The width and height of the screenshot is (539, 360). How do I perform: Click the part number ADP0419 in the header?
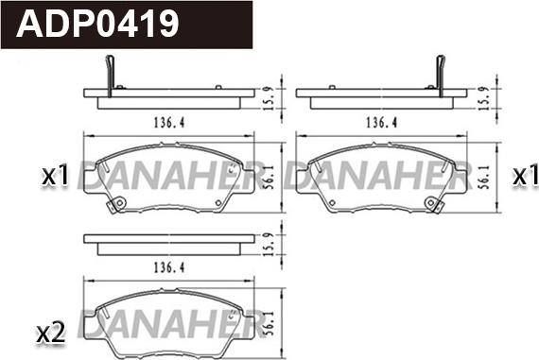(97, 24)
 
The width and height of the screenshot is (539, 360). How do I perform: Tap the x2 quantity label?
(51, 334)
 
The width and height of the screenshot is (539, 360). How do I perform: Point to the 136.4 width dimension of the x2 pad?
(168, 267)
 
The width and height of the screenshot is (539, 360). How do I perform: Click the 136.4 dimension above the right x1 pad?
(382, 123)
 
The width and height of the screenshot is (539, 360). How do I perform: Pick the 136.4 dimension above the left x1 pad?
(168, 123)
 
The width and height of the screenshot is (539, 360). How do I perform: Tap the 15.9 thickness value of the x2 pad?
(269, 244)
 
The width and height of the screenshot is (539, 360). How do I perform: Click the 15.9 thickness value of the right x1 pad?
(483, 98)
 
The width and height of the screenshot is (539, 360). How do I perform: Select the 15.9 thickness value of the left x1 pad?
(269, 98)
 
